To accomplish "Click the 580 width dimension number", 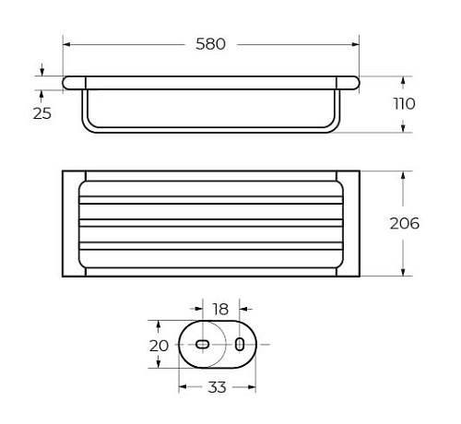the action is click(210, 44).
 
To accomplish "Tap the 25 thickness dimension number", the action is click(42, 113).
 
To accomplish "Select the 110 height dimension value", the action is click(405, 104).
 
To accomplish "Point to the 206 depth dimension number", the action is click(405, 223).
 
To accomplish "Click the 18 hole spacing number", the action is click(220, 309).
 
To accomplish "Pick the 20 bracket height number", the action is click(159, 346).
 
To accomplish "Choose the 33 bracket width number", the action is click(217, 387).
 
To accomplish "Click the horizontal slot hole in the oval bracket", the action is click(203, 344).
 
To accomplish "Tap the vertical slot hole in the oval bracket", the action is click(240, 344).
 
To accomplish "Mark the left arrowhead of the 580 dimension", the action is click(66, 44).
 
